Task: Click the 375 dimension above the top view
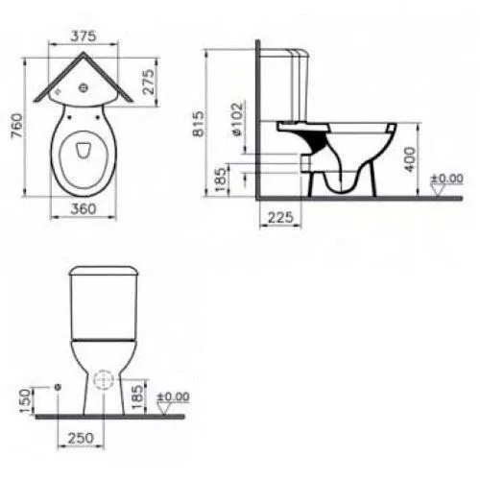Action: pos(84,36)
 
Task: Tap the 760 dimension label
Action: pos(17,126)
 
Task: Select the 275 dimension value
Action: pos(149,82)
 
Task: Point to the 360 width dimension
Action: pos(84,209)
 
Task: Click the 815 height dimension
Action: pos(199,124)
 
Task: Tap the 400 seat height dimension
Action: pos(410,159)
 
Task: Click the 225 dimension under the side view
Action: pos(280,218)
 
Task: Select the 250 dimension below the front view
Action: pos(81,438)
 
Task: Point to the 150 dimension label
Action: pos(26,400)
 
